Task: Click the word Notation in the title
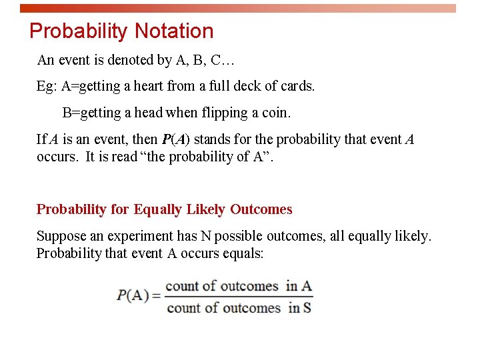click(174, 31)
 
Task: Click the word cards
click(297, 86)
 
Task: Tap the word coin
click(276, 113)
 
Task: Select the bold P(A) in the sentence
click(175, 140)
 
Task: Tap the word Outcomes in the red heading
click(261, 209)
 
